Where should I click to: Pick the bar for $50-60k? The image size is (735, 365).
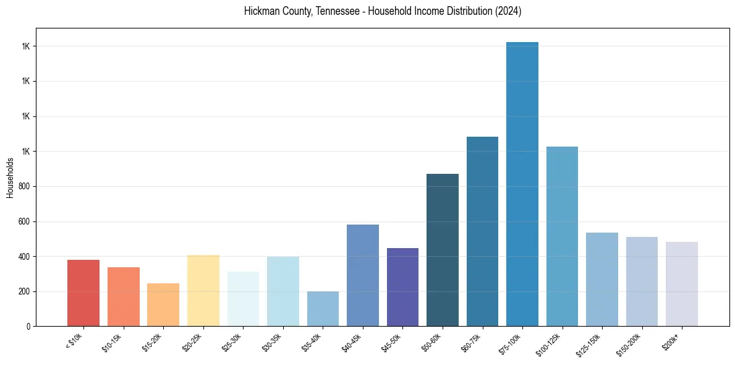443,250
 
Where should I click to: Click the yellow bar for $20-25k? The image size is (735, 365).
203,290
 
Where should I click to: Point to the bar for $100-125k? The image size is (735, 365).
562,236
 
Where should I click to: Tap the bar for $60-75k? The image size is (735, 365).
482,231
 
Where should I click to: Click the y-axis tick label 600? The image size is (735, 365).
25,221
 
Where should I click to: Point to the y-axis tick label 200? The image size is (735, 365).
25,291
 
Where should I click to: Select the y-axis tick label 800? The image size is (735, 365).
25,186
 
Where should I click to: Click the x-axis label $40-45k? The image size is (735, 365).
351,342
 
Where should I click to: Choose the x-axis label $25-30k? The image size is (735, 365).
231,342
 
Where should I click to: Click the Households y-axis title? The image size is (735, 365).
10,178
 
